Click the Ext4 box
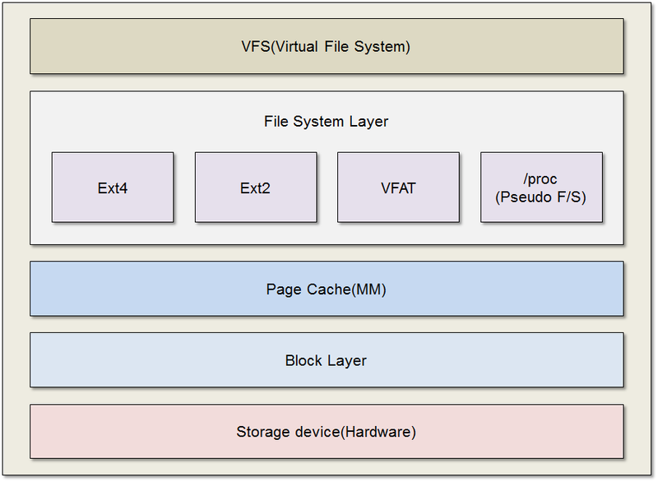113,188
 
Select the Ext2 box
255,188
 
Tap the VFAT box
398,188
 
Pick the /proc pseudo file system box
541,188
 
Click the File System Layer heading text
326,122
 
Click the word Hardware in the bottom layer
381,432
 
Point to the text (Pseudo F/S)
541,197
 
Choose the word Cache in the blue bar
327,290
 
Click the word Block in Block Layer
304,360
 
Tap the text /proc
541,179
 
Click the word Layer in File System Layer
369,122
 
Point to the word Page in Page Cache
284,290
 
